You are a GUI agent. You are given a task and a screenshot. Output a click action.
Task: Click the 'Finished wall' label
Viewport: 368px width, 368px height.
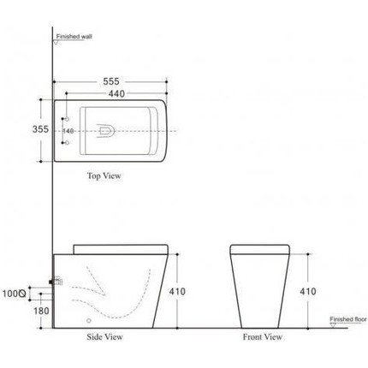76,39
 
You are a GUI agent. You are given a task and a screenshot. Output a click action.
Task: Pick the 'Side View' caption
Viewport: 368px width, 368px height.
105,337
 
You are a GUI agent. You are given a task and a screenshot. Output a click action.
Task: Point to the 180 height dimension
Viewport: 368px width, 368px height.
39,312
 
